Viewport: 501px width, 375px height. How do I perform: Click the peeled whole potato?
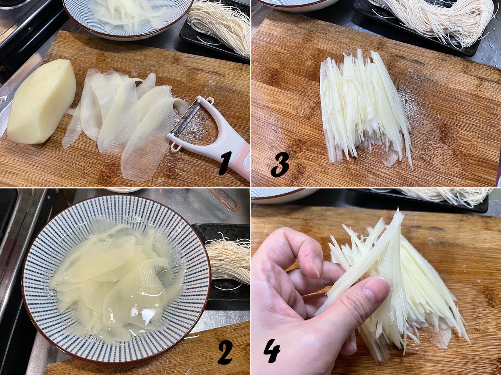[41, 102]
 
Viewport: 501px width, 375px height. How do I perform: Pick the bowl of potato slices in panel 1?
[128, 18]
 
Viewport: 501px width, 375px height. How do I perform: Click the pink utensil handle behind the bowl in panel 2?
[225, 199]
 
